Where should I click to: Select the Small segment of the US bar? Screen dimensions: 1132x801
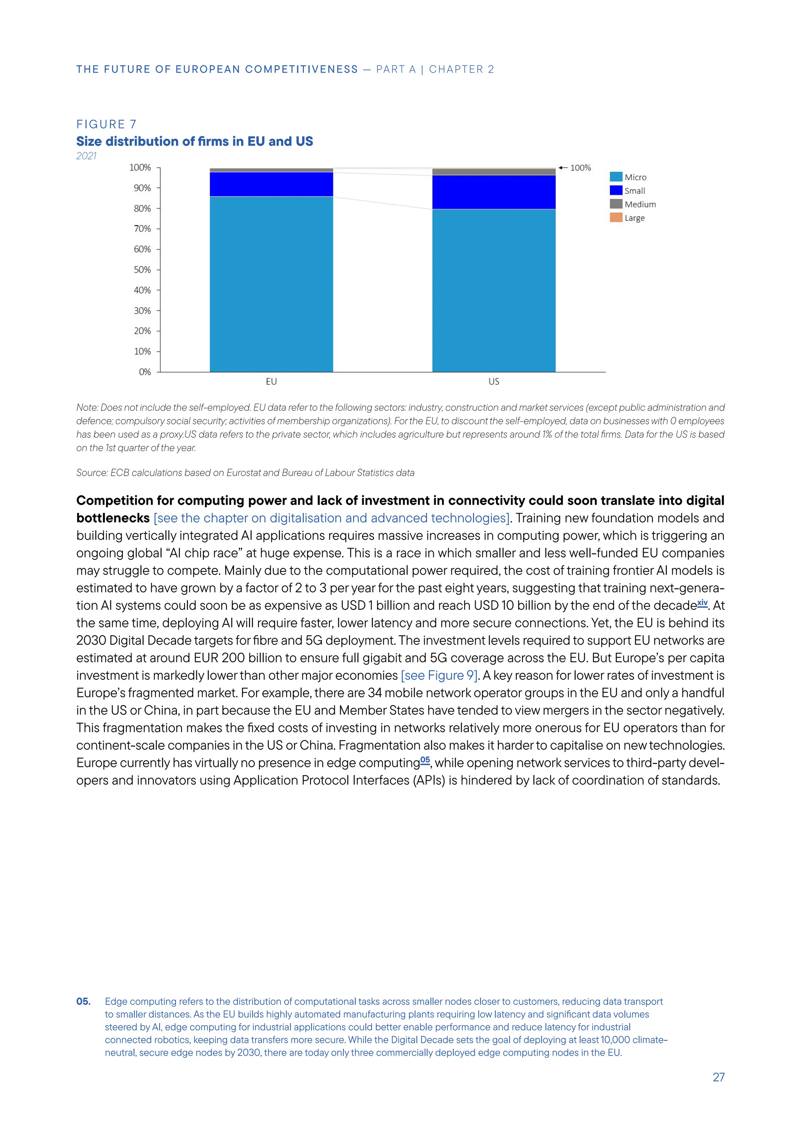494,192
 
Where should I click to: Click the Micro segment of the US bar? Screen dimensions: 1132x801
494,290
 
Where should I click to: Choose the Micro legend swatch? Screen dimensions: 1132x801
616,177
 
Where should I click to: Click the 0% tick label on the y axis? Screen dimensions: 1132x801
144,372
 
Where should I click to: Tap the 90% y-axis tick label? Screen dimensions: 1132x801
142,188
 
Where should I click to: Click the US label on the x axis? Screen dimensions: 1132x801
494,382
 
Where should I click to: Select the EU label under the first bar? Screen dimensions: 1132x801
271,382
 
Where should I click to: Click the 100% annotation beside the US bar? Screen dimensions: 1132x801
580,168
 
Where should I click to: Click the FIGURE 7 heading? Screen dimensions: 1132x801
106,124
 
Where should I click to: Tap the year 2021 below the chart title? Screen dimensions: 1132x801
86,156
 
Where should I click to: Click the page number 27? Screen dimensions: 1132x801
718,1077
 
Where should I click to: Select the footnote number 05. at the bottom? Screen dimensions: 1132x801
83,1001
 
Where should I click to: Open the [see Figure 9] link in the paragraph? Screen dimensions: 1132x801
439,675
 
